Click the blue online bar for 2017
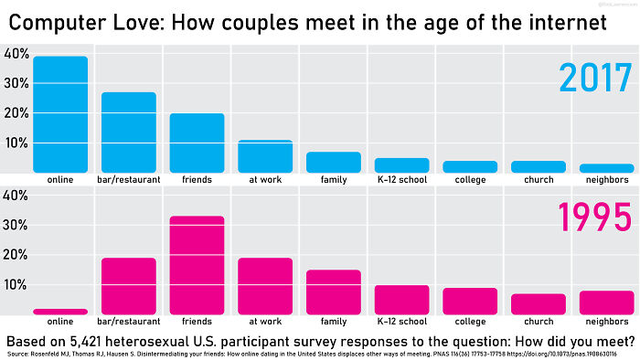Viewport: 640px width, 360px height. click(59, 114)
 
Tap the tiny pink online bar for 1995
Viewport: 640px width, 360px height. click(59, 312)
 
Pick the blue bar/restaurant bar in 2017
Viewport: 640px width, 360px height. click(128, 132)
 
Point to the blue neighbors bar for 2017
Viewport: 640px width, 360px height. click(607, 168)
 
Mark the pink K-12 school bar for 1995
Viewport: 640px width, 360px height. click(402, 300)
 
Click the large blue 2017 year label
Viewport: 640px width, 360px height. click(584, 78)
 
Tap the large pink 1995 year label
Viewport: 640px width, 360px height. click(584, 218)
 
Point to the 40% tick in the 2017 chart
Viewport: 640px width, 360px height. click(16, 54)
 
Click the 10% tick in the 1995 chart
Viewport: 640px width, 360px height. click(16, 285)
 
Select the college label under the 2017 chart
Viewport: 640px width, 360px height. click(470, 179)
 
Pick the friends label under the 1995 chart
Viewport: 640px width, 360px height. click(197, 322)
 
